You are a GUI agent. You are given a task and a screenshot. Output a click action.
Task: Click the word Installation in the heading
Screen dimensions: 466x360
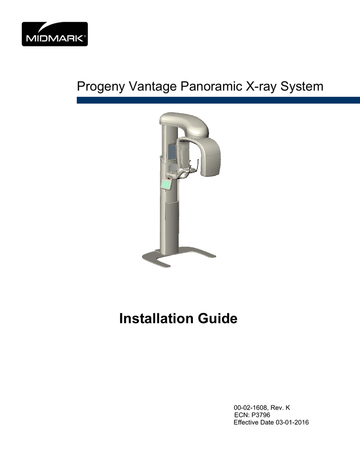pyautogui.click(x=157, y=319)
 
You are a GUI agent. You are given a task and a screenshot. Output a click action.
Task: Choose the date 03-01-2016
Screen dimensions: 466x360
pyautogui.click(x=292, y=423)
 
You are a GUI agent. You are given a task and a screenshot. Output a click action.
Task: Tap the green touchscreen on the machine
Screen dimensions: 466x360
pyautogui.click(x=166, y=184)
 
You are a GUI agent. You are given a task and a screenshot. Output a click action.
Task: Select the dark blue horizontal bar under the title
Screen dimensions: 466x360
pyautogui.click(x=218, y=100)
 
